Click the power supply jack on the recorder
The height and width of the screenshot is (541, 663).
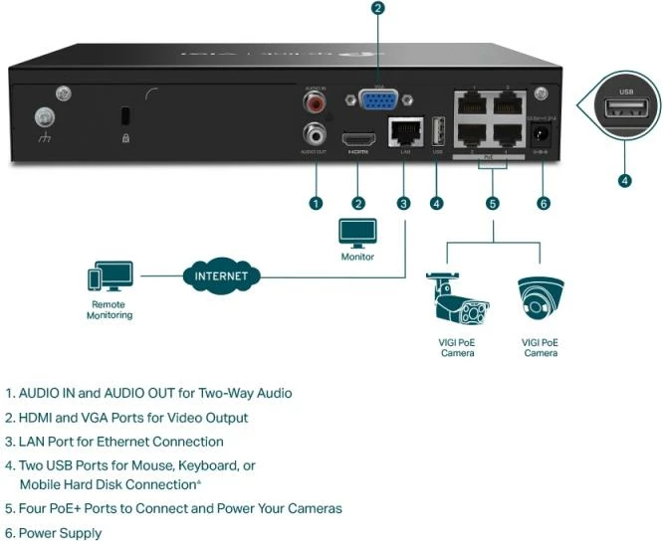point(542,133)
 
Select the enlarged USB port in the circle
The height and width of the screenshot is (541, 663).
point(624,109)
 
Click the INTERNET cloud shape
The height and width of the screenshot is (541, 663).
point(222,275)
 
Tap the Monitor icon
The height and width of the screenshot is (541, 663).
point(357,233)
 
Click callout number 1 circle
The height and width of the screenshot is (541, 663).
point(316,203)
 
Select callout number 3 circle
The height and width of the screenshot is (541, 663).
point(403,203)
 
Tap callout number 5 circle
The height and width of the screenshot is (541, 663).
point(492,203)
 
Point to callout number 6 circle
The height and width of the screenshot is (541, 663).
point(543,203)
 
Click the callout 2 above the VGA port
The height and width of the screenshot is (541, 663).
point(377,9)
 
